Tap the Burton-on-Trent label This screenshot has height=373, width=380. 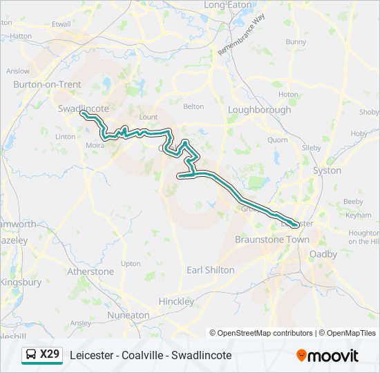point(47,84)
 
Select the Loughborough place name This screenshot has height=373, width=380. point(259,110)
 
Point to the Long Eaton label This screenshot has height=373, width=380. point(228,5)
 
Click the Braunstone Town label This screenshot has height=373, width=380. point(272,240)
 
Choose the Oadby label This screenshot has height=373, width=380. point(323,254)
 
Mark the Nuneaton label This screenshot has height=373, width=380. point(129,315)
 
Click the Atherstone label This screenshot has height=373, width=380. point(91,271)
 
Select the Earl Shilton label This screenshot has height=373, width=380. point(211,270)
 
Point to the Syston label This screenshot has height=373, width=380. point(327,170)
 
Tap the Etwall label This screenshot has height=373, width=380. point(61,23)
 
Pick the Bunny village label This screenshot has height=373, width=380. point(296,41)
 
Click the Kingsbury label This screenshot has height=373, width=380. point(21,283)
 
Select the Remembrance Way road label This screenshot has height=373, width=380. point(241,36)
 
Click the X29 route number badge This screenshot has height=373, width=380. point(50,354)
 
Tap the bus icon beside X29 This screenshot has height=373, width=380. point(31,355)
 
